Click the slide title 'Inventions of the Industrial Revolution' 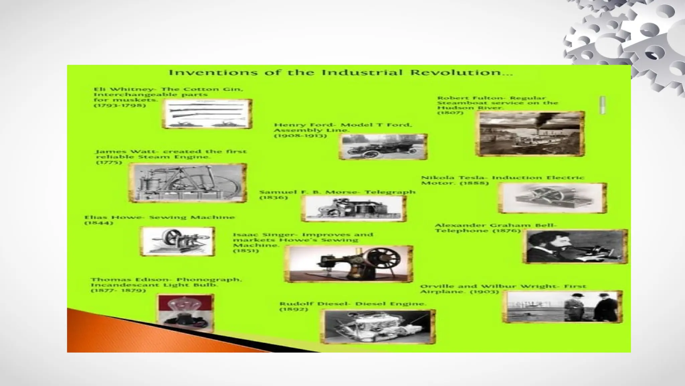(340, 73)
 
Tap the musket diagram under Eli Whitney (207, 114)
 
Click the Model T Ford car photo (383, 146)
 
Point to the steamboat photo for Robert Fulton (530, 134)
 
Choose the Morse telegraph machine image (354, 208)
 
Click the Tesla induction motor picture (553, 198)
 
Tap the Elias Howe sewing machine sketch (177, 241)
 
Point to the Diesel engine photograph (378, 326)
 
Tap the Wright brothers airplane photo (562, 307)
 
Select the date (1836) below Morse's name (274, 198)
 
